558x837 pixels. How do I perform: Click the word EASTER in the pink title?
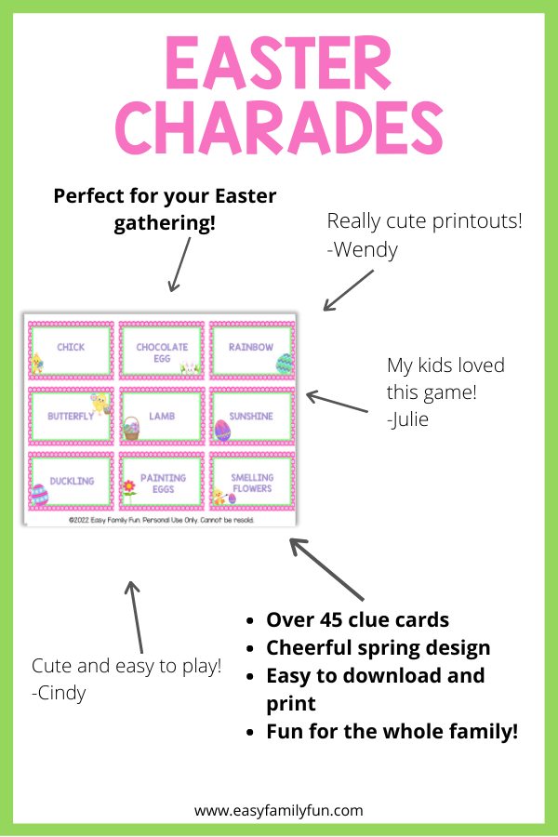pos(279,63)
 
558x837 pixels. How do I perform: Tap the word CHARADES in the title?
pos(279,127)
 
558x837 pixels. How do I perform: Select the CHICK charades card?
pos(71,351)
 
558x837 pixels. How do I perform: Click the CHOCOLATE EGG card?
pos(162,351)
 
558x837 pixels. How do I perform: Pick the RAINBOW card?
pos(252,351)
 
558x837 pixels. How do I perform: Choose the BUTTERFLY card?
pos(71,417)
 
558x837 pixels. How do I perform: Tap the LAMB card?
pos(162,417)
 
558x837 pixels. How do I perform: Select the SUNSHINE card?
pos(252,417)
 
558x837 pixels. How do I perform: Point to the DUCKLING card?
pos(71,482)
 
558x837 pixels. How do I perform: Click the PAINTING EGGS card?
pos(162,482)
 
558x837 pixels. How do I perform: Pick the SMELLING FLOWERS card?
pos(252,482)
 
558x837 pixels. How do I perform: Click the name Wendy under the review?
pos(365,250)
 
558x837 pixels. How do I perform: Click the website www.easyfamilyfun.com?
pos(278,811)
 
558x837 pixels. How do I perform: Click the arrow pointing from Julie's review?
pos(337,402)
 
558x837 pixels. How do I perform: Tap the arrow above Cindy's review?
pos(135,617)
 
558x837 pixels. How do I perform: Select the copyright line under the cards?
pos(161,520)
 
